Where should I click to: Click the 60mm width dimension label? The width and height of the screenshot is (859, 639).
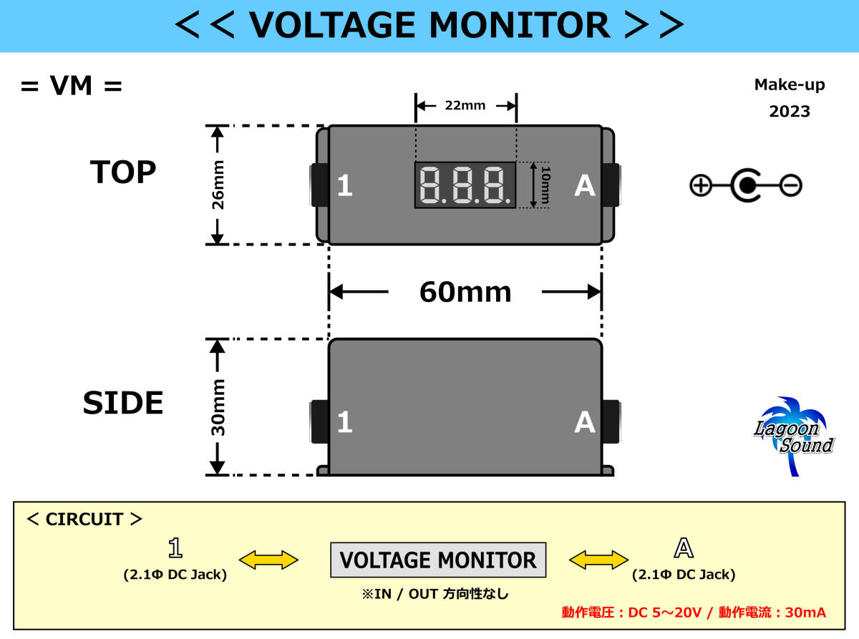(465, 292)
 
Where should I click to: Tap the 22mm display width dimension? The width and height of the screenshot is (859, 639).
(465, 105)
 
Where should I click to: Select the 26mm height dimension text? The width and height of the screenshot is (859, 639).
(218, 185)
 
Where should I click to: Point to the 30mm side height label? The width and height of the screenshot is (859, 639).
(218, 407)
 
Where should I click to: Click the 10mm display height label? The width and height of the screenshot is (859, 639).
(545, 185)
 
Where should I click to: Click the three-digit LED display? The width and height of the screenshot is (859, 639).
(465, 185)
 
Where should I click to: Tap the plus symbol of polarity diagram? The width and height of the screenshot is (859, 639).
(701, 185)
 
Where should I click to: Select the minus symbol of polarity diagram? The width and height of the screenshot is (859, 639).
(791, 185)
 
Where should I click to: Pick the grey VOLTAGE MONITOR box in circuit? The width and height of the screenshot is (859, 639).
(438, 560)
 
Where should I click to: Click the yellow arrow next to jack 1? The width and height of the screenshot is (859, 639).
(268, 560)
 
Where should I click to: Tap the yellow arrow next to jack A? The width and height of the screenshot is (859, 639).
(598, 560)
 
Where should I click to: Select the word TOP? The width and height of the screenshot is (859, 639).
(123, 172)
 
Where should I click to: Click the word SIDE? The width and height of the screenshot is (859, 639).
(123, 403)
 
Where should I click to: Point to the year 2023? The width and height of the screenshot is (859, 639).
(790, 112)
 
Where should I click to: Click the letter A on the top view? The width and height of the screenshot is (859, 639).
(585, 186)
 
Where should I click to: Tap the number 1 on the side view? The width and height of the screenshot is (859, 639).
(345, 421)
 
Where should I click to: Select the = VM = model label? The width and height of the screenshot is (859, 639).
(72, 86)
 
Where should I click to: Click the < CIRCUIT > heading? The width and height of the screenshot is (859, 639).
(84, 520)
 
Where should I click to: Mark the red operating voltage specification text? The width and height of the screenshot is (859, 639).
(694, 613)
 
